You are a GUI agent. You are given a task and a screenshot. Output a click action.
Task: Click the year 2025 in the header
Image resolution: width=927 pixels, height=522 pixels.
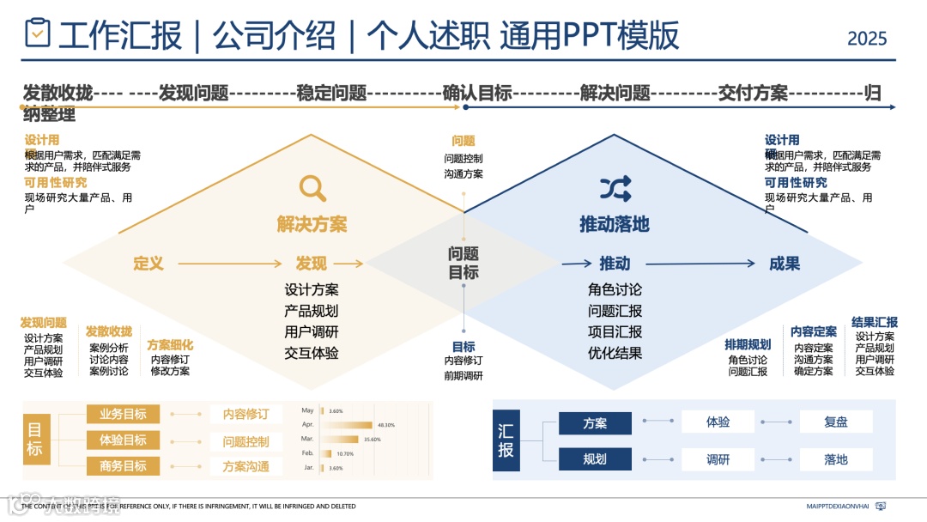click(867, 39)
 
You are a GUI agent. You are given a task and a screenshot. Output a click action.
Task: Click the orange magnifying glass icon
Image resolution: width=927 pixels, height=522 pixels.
click(312, 188)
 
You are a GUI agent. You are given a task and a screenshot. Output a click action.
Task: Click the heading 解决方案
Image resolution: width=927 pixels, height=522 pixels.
click(312, 225)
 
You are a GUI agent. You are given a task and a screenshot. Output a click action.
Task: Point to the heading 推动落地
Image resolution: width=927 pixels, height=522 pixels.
click(615, 225)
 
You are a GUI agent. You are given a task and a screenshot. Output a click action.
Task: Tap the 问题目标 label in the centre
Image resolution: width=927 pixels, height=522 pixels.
click(463, 263)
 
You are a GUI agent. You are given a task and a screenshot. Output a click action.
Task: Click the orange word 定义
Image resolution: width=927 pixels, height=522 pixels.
click(148, 264)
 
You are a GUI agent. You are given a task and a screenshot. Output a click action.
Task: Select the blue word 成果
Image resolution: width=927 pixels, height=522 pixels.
click(785, 264)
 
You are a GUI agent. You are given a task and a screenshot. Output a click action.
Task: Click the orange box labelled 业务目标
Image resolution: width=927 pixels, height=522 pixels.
click(124, 415)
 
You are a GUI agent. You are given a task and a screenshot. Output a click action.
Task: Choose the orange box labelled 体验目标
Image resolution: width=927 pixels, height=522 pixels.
click(124, 440)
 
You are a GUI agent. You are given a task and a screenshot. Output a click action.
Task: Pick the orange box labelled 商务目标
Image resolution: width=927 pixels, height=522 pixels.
click(124, 466)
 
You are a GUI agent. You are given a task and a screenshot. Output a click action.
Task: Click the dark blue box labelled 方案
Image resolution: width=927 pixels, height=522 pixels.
click(595, 423)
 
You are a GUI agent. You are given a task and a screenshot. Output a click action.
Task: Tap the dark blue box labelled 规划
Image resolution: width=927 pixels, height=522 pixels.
click(595, 459)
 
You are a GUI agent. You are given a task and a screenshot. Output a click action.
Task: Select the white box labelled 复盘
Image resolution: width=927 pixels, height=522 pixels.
click(836, 422)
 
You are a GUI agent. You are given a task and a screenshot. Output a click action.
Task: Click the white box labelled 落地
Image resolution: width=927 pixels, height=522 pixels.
click(836, 459)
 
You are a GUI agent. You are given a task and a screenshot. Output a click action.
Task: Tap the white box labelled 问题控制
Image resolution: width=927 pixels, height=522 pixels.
click(246, 441)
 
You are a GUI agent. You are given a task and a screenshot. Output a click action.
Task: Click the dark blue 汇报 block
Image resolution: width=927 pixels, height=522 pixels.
click(506, 440)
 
